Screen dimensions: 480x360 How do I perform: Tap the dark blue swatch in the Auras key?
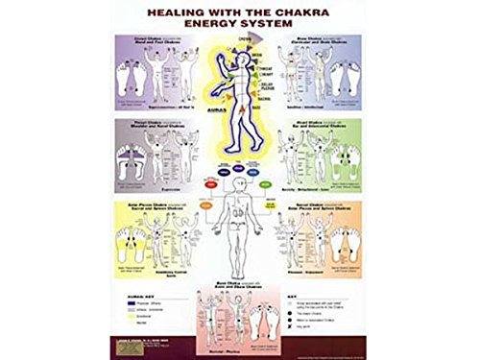(127, 298)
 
